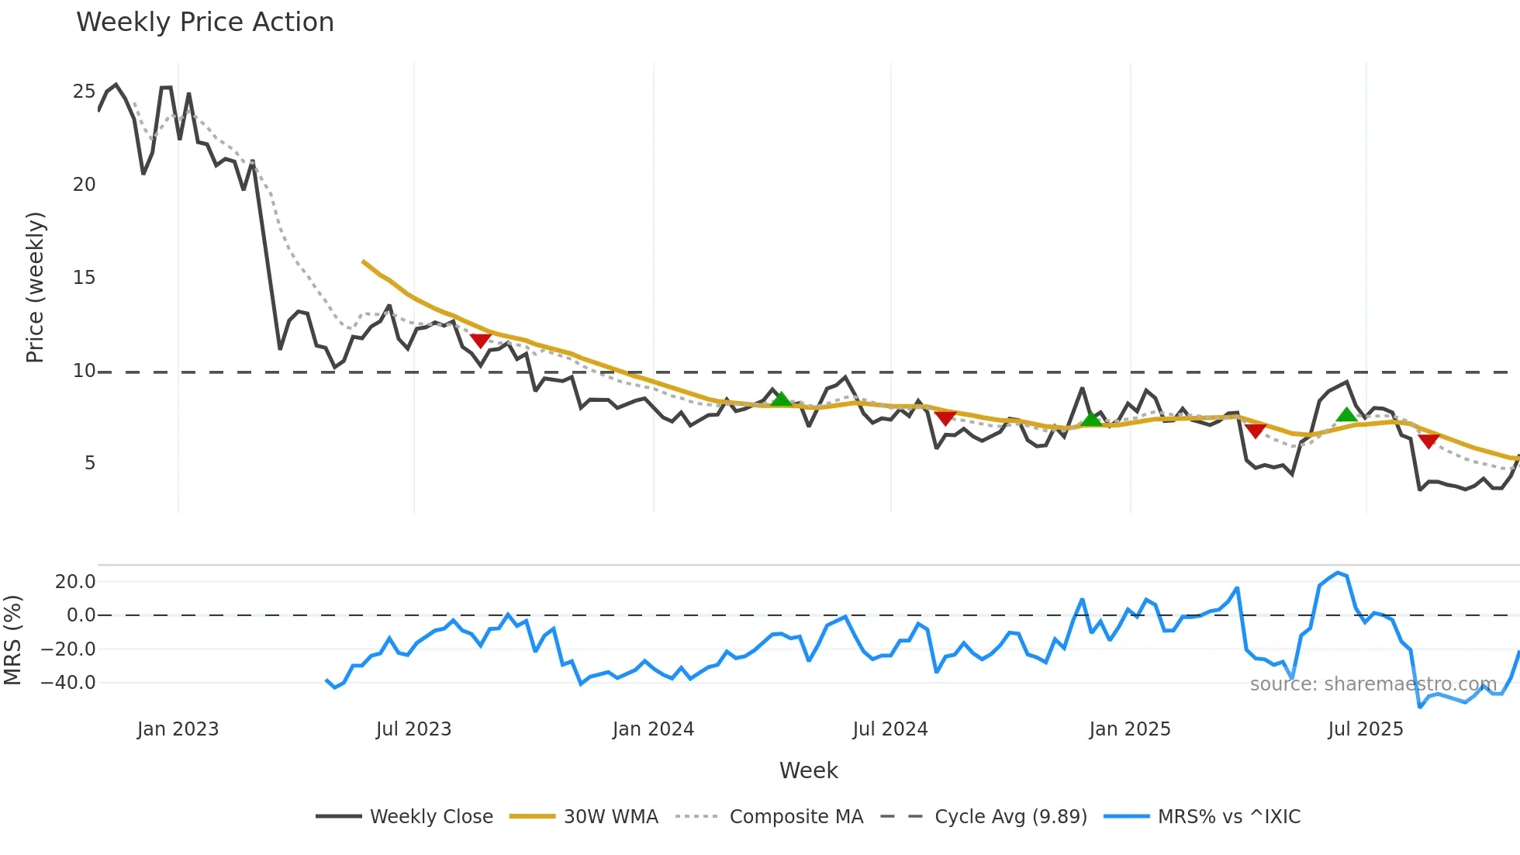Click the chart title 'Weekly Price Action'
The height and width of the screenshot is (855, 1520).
(x=205, y=22)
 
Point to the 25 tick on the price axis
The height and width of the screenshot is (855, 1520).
(x=84, y=92)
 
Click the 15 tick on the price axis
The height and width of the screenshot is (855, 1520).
(x=84, y=278)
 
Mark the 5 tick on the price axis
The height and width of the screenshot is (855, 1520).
(x=90, y=463)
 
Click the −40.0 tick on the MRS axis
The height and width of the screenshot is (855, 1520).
(x=68, y=683)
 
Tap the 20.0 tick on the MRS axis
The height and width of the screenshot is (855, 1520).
(x=75, y=581)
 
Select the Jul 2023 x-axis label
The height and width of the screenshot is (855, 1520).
(x=413, y=729)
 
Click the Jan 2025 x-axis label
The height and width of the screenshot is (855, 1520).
(x=1129, y=729)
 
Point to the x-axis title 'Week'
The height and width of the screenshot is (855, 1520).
(x=808, y=770)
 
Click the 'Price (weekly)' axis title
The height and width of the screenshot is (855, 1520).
(x=36, y=287)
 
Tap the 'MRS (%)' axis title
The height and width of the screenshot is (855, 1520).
(x=12, y=640)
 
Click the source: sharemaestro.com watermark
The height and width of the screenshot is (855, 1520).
(x=1373, y=684)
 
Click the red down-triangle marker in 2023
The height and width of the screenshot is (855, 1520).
(x=481, y=341)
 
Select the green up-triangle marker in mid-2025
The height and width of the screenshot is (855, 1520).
(x=1347, y=415)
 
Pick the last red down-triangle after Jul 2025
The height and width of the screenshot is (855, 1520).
(x=1428, y=441)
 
